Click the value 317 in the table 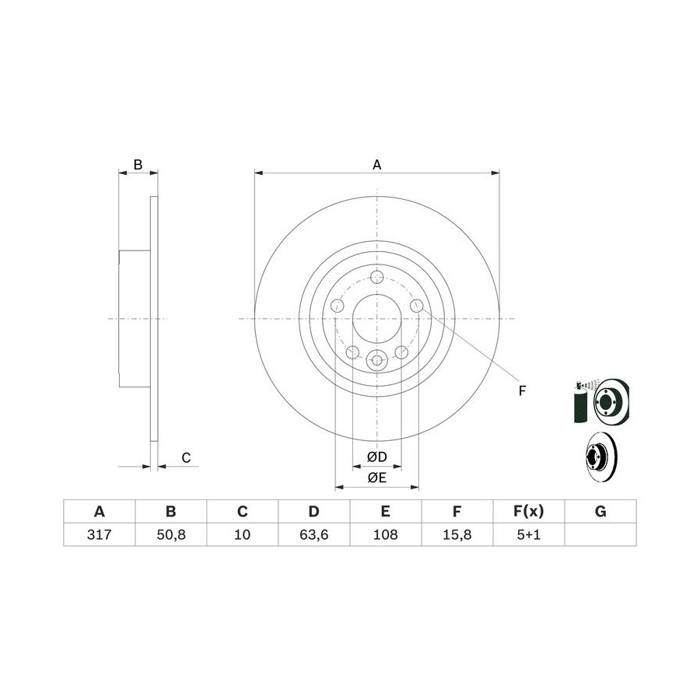coord(99,534)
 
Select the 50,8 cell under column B coord(171,534)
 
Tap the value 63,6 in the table coord(314,534)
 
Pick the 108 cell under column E coord(385,534)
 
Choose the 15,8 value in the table coord(457,534)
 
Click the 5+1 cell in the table coord(529,534)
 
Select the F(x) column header coord(529,511)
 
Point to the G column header coord(600,511)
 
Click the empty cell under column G coord(600,534)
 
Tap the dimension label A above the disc coord(376,165)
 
